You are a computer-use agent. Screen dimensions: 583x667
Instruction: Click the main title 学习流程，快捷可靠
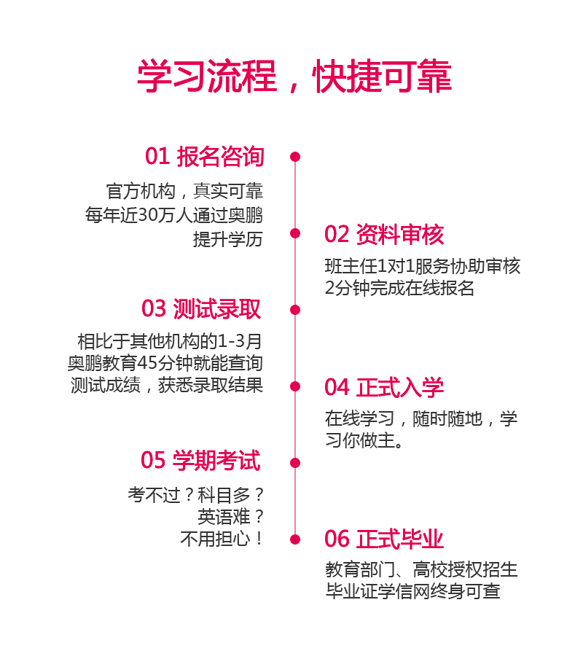pyautogui.click(x=294, y=77)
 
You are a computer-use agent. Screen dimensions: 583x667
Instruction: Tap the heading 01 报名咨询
pyautogui.click(x=205, y=157)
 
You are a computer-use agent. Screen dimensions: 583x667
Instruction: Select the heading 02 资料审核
pyautogui.click(x=384, y=235)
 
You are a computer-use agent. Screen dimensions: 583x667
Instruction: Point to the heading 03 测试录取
pyautogui.click(x=201, y=309)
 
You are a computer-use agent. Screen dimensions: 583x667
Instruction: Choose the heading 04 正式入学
pyautogui.click(x=384, y=387)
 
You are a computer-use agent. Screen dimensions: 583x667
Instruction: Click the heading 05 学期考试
pyautogui.click(x=200, y=460)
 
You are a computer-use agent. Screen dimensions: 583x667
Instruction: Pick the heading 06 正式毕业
pyautogui.click(x=384, y=539)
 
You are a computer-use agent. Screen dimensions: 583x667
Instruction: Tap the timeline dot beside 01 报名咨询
pyautogui.click(x=295, y=157)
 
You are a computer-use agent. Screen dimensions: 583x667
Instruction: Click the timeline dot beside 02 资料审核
pyautogui.click(x=295, y=233)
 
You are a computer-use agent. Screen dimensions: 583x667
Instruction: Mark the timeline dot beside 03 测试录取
pyautogui.click(x=295, y=310)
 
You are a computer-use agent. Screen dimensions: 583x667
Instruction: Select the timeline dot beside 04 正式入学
pyautogui.click(x=295, y=386)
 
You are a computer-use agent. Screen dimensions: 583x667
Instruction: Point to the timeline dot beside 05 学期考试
pyautogui.click(x=295, y=463)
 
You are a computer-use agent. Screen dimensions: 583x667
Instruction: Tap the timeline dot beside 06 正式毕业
pyautogui.click(x=295, y=540)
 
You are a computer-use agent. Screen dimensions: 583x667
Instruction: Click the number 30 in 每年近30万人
pyautogui.click(x=148, y=215)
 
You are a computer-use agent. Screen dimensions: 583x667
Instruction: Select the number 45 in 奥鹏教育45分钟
pyautogui.click(x=147, y=363)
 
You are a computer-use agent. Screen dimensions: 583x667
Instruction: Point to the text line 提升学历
pyautogui.click(x=228, y=239)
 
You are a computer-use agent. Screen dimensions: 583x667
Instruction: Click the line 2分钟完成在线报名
pyautogui.click(x=399, y=288)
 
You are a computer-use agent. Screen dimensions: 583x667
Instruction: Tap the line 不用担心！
pyautogui.click(x=222, y=539)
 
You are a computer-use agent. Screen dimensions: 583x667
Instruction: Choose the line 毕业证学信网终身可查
pyautogui.click(x=413, y=591)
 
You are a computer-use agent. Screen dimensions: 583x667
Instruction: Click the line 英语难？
pyautogui.click(x=230, y=518)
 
